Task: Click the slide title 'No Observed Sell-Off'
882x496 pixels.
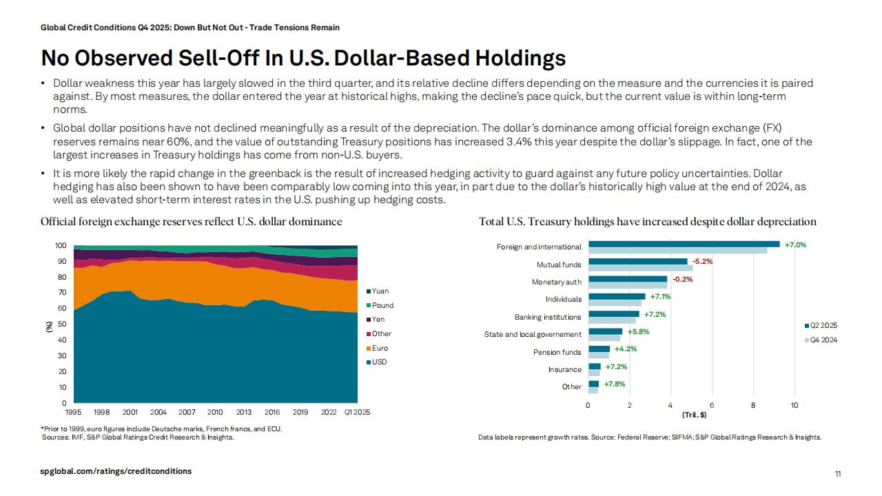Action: coord(303,57)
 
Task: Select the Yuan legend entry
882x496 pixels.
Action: coord(380,291)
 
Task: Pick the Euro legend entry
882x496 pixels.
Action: coord(380,348)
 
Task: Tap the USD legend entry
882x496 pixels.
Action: coord(379,362)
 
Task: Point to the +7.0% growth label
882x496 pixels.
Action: coord(795,245)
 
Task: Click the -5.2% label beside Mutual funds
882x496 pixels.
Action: coord(702,262)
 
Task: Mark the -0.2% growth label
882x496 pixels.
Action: coord(682,279)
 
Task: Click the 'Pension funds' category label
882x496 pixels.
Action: coord(557,353)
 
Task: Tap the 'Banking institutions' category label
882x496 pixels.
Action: coord(548,318)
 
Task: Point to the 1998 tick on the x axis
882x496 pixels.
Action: coord(101,412)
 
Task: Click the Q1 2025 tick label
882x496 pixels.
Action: coord(356,412)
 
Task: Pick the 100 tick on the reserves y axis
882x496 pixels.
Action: coord(61,246)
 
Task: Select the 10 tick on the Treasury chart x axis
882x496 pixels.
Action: coord(794,405)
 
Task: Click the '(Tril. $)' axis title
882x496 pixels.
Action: coord(694,415)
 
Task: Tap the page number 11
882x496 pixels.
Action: coord(838,474)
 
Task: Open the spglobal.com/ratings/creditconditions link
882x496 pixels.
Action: coord(116,471)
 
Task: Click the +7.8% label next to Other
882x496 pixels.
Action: coord(615,384)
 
